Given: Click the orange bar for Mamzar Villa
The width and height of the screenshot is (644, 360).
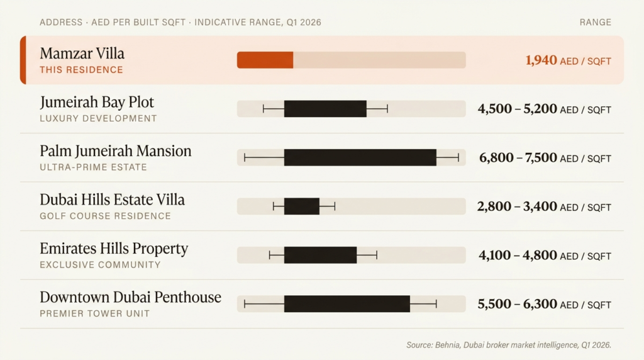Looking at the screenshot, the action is (x=265, y=60).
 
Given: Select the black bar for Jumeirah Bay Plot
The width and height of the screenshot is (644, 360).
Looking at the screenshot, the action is (x=325, y=109).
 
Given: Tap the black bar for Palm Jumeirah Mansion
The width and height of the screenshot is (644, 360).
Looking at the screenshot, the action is (x=360, y=157).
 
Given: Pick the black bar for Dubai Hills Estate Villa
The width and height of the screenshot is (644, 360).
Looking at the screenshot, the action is (x=302, y=206).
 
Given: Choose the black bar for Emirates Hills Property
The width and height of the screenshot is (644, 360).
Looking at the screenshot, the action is (x=320, y=255).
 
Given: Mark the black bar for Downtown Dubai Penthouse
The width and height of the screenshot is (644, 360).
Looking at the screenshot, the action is (x=347, y=304).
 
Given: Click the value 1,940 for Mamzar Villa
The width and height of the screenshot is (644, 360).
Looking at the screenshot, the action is (x=541, y=60).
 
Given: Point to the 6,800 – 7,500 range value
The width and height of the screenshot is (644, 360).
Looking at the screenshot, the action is (x=518, y=158).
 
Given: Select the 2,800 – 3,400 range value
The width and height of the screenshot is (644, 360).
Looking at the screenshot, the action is (x=517, y=206).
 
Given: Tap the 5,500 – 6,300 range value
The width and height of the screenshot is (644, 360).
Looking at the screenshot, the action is (x=518, y=304).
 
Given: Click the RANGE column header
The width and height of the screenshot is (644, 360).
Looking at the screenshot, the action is (x=596, y=22).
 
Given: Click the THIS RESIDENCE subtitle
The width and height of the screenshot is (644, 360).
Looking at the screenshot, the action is (x=81, y=70).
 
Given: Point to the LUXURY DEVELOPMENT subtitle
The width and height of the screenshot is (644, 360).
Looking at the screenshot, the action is (x=98, y=118).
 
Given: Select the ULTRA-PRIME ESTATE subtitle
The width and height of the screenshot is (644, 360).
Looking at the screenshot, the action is (x=93, y=167).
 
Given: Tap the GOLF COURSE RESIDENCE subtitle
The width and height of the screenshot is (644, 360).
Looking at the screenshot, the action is (x=105, y=216).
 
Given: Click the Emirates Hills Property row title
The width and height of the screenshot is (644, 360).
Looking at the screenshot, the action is (x=114, y=249).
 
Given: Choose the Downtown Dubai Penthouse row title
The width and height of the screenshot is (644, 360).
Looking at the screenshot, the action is (x=130, y=297).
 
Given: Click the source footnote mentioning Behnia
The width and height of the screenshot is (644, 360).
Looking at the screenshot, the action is (x=508, y=345).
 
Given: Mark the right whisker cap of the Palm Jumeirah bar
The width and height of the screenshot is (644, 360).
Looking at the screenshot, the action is (x=458, y=157).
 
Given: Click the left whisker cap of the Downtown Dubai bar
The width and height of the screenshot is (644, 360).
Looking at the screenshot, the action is (x=245, y=304).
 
